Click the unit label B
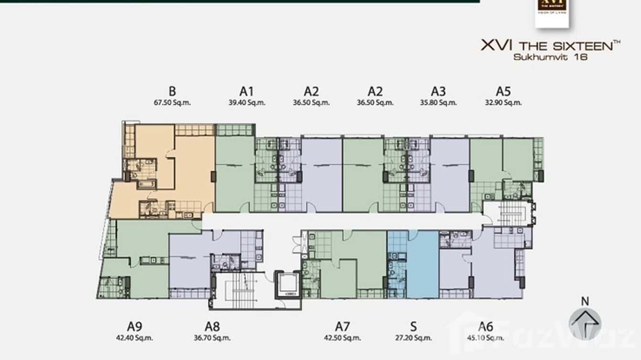(x=172, y=91)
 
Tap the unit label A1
(x=246, y=91)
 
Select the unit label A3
(x=438, y=91)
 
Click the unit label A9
(x=134, y=327)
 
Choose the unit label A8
(x=212, y=327)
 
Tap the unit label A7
(x=342, y=327)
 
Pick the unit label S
(x=413, y=327)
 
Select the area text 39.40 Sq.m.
(x=247, y=103)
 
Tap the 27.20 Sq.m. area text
(x=414, y=338)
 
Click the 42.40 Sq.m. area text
(x=134, y=338)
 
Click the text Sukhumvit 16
(x=550, y=57)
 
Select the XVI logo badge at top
(x=552, y=12)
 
